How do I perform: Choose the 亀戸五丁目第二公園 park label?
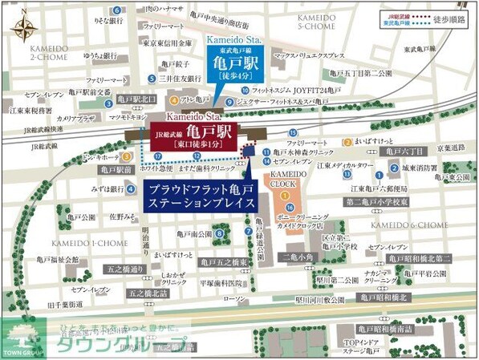[366, 74]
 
